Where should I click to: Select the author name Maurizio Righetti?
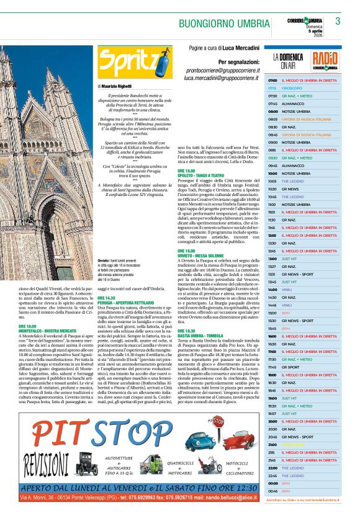(124, 86)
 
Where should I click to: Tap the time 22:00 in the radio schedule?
(272, 468)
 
